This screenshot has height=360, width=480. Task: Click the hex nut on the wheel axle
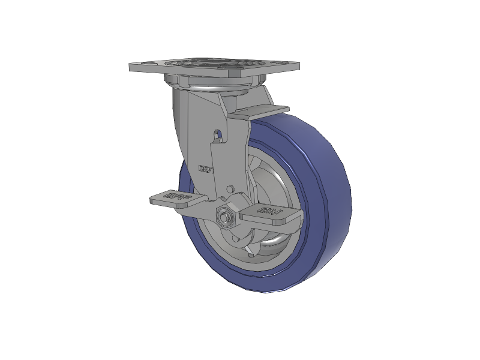tap(226, 217)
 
